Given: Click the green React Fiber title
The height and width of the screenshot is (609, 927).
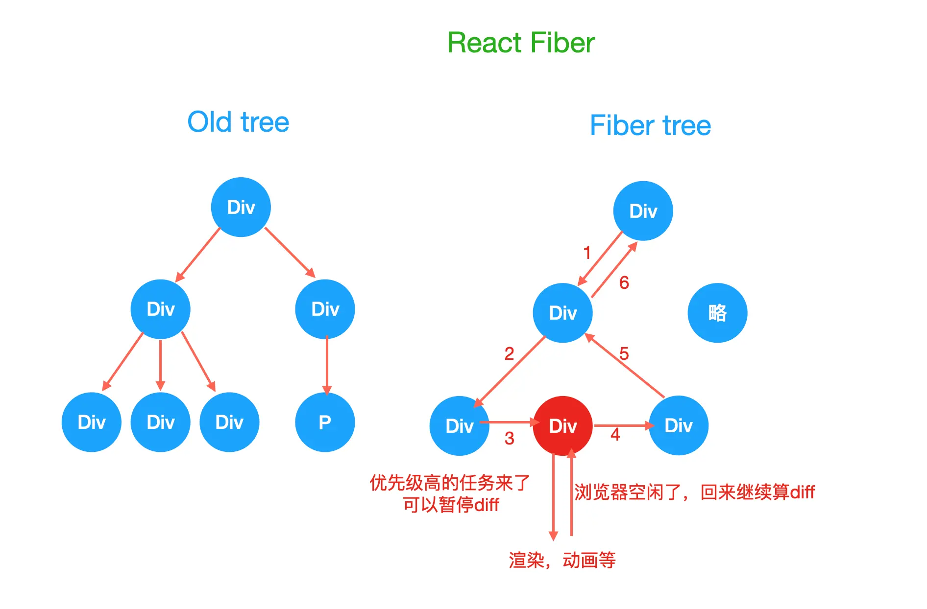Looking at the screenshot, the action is [521, 43].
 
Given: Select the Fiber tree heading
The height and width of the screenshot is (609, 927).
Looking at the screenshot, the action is [650, 125].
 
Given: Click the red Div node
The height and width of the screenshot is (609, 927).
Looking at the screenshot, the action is [562, 425].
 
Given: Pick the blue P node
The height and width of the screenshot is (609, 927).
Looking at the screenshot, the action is [325, 422].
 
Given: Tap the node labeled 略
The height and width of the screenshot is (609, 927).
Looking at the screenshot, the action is [717, 313].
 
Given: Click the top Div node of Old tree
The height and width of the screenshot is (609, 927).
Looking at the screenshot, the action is [241, 207].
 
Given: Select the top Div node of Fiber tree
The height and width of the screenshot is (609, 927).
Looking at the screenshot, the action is [643, 211].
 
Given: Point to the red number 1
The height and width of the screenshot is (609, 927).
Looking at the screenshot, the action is [587, 253].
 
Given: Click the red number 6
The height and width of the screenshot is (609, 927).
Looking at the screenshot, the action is [624, 282].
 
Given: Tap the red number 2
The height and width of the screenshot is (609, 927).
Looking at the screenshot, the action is [510, 353].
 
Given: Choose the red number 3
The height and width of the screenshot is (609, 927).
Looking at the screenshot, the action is [510, 438].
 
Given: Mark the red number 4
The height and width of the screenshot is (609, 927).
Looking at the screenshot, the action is [615, 434].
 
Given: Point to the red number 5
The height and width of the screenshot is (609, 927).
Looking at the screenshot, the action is [624, 353].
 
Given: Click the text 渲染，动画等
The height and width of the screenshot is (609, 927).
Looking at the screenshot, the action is [562, 560].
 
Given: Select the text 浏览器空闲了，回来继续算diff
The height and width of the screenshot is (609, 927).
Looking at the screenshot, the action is [695, 492].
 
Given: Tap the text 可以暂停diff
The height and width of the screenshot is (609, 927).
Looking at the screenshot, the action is [451, 505].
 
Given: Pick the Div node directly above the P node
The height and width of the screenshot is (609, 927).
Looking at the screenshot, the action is [325, 309].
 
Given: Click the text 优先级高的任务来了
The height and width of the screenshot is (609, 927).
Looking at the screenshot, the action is [450, 483].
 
